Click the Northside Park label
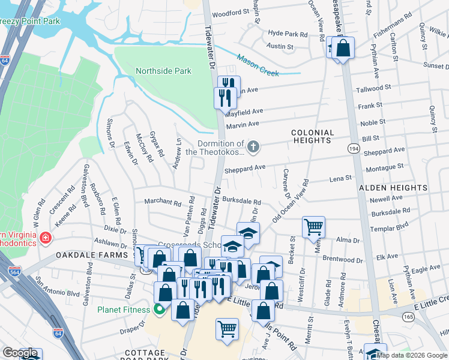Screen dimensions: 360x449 pos(163,71)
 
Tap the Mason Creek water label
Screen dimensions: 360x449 pos(258,65)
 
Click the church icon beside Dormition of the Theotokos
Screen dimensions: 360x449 pos(254,146)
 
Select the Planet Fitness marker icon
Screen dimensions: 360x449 pos(159,310)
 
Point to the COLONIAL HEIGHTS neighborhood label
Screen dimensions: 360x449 pos(311,136)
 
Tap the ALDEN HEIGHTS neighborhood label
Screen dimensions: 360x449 pos(393,188)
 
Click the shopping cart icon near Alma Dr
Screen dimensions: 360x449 pos(313,227)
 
